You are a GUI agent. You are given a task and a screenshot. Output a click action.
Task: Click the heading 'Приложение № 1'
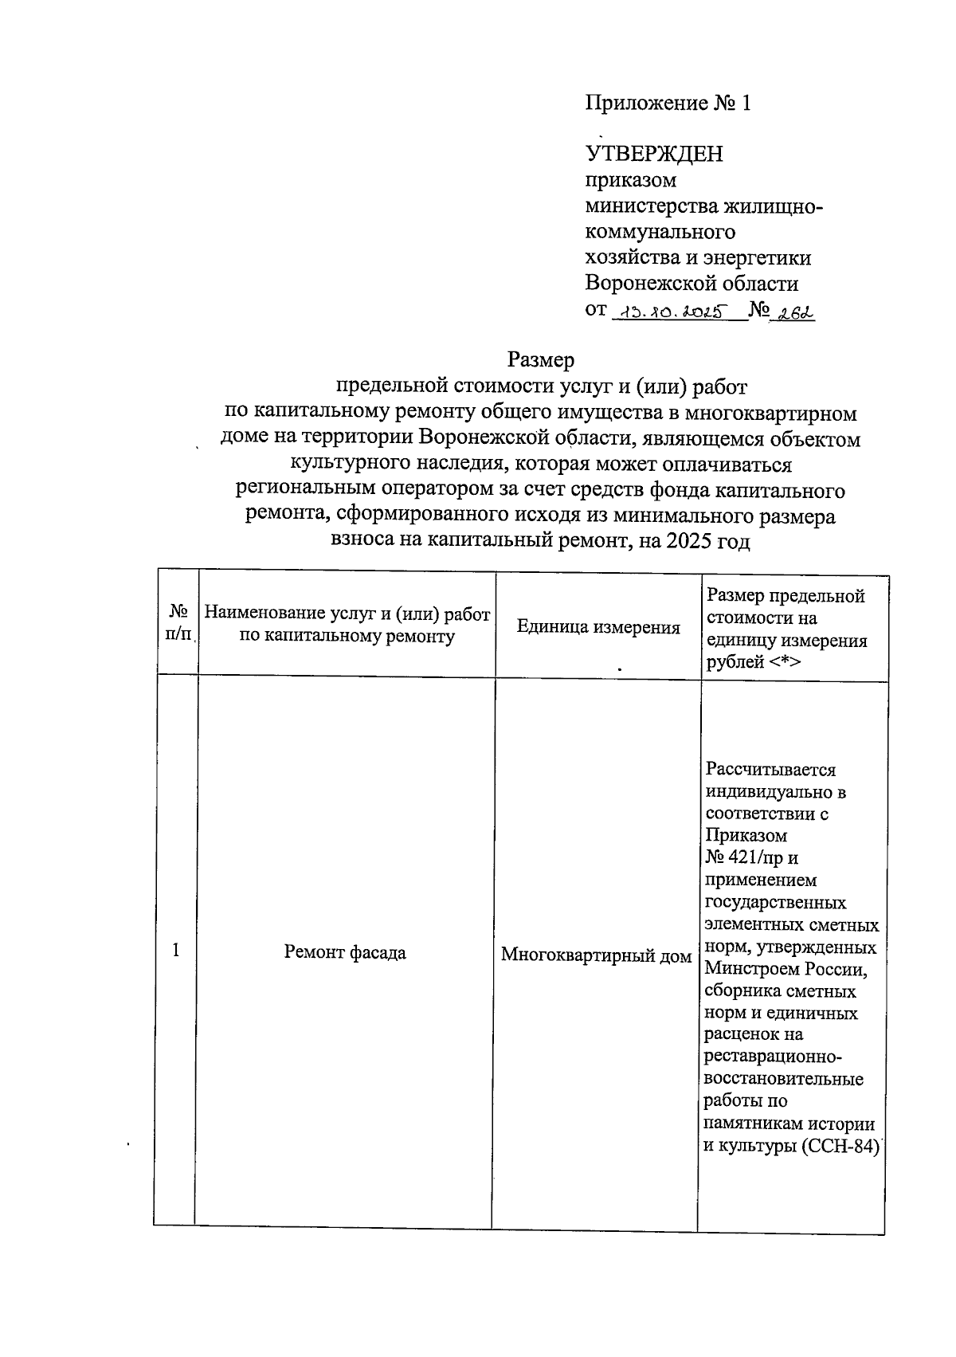click(668, 104)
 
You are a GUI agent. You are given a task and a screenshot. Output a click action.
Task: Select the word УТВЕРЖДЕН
click(654, 154)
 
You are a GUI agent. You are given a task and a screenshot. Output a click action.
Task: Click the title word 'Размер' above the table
click(541, 361)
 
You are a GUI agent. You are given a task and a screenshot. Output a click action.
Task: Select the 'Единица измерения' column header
click(598, 628)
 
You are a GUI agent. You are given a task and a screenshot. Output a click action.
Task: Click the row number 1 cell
click(176, 950)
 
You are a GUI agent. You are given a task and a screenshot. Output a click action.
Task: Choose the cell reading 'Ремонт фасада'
click(345, 952)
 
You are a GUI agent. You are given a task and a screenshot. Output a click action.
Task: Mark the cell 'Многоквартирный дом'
click(596, 955)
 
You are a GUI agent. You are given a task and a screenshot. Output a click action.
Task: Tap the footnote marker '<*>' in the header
click(786, 662)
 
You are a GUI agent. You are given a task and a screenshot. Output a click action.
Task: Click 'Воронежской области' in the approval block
click(692, 284)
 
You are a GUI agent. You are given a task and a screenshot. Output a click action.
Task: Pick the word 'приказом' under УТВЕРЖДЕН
click(630, 180)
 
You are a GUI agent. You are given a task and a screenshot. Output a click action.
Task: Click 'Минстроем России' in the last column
click(784, 970)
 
